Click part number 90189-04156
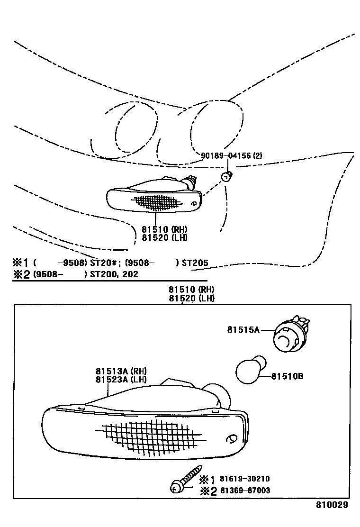tap(225, 155)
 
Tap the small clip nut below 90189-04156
tap(226, 177)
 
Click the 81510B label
tap(288, 377)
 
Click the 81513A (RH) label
tap(121, 371)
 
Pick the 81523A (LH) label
tap(121, 379)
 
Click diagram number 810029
tap(333, 505)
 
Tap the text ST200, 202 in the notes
tap(113, 274)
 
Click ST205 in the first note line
tap(195, 263)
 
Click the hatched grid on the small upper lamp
tap(156, 202)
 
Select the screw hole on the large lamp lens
tap(232, 439)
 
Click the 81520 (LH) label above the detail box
tap(191, 298)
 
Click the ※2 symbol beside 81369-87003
tap(207, 491)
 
